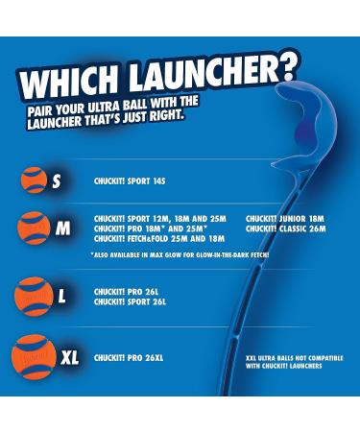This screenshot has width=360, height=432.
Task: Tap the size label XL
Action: (69, 358)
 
